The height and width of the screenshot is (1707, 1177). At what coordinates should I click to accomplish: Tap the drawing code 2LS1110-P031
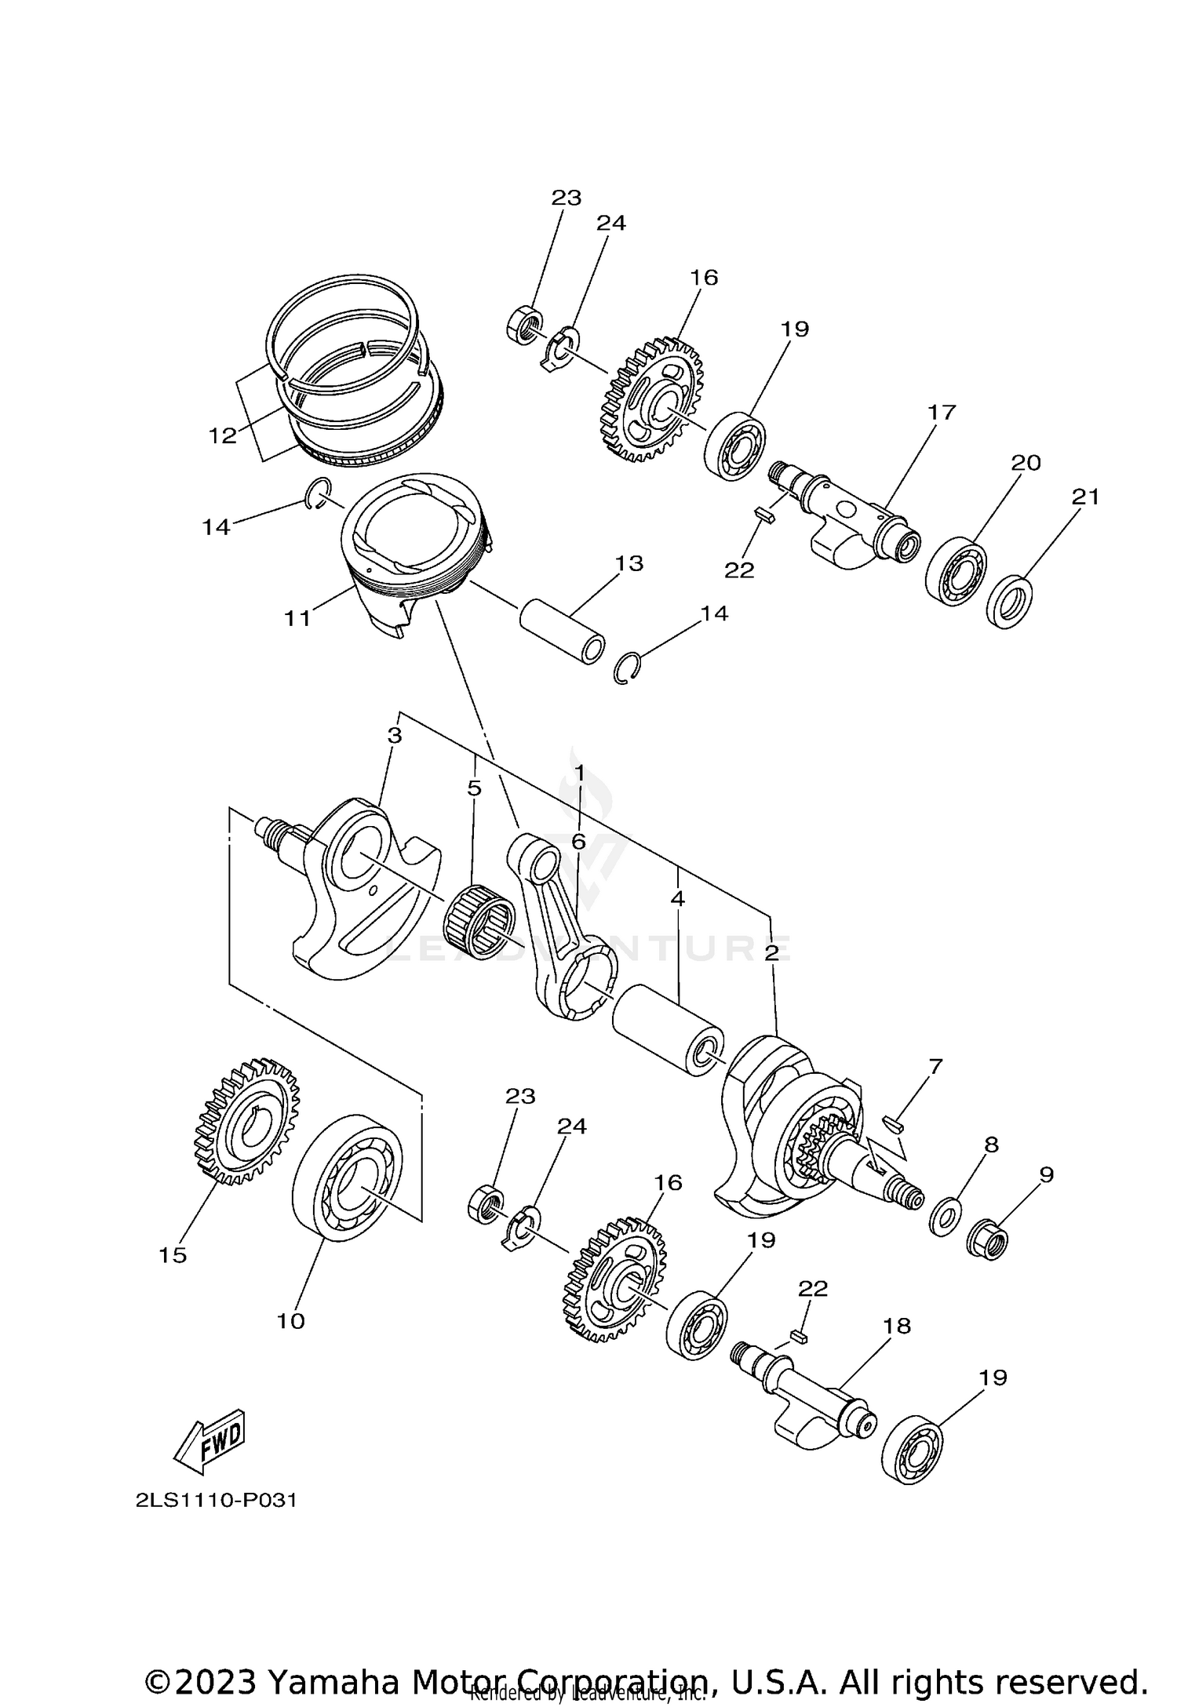point(217,1501)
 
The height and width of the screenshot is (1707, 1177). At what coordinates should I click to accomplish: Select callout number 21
point(1085,497)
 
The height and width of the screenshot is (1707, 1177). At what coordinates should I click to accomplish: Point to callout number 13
point(629,563)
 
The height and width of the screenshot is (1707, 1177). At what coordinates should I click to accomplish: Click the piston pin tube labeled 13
point(562,631)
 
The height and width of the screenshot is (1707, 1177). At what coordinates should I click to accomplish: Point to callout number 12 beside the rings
point(223,435)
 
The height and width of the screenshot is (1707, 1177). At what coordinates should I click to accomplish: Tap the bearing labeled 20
point(957,570)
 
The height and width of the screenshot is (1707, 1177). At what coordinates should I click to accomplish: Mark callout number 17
point(942,413)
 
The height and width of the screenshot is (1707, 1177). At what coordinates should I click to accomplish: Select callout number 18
point(897,1326)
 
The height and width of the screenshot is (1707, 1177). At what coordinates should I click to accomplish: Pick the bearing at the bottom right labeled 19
point(913,1450)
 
